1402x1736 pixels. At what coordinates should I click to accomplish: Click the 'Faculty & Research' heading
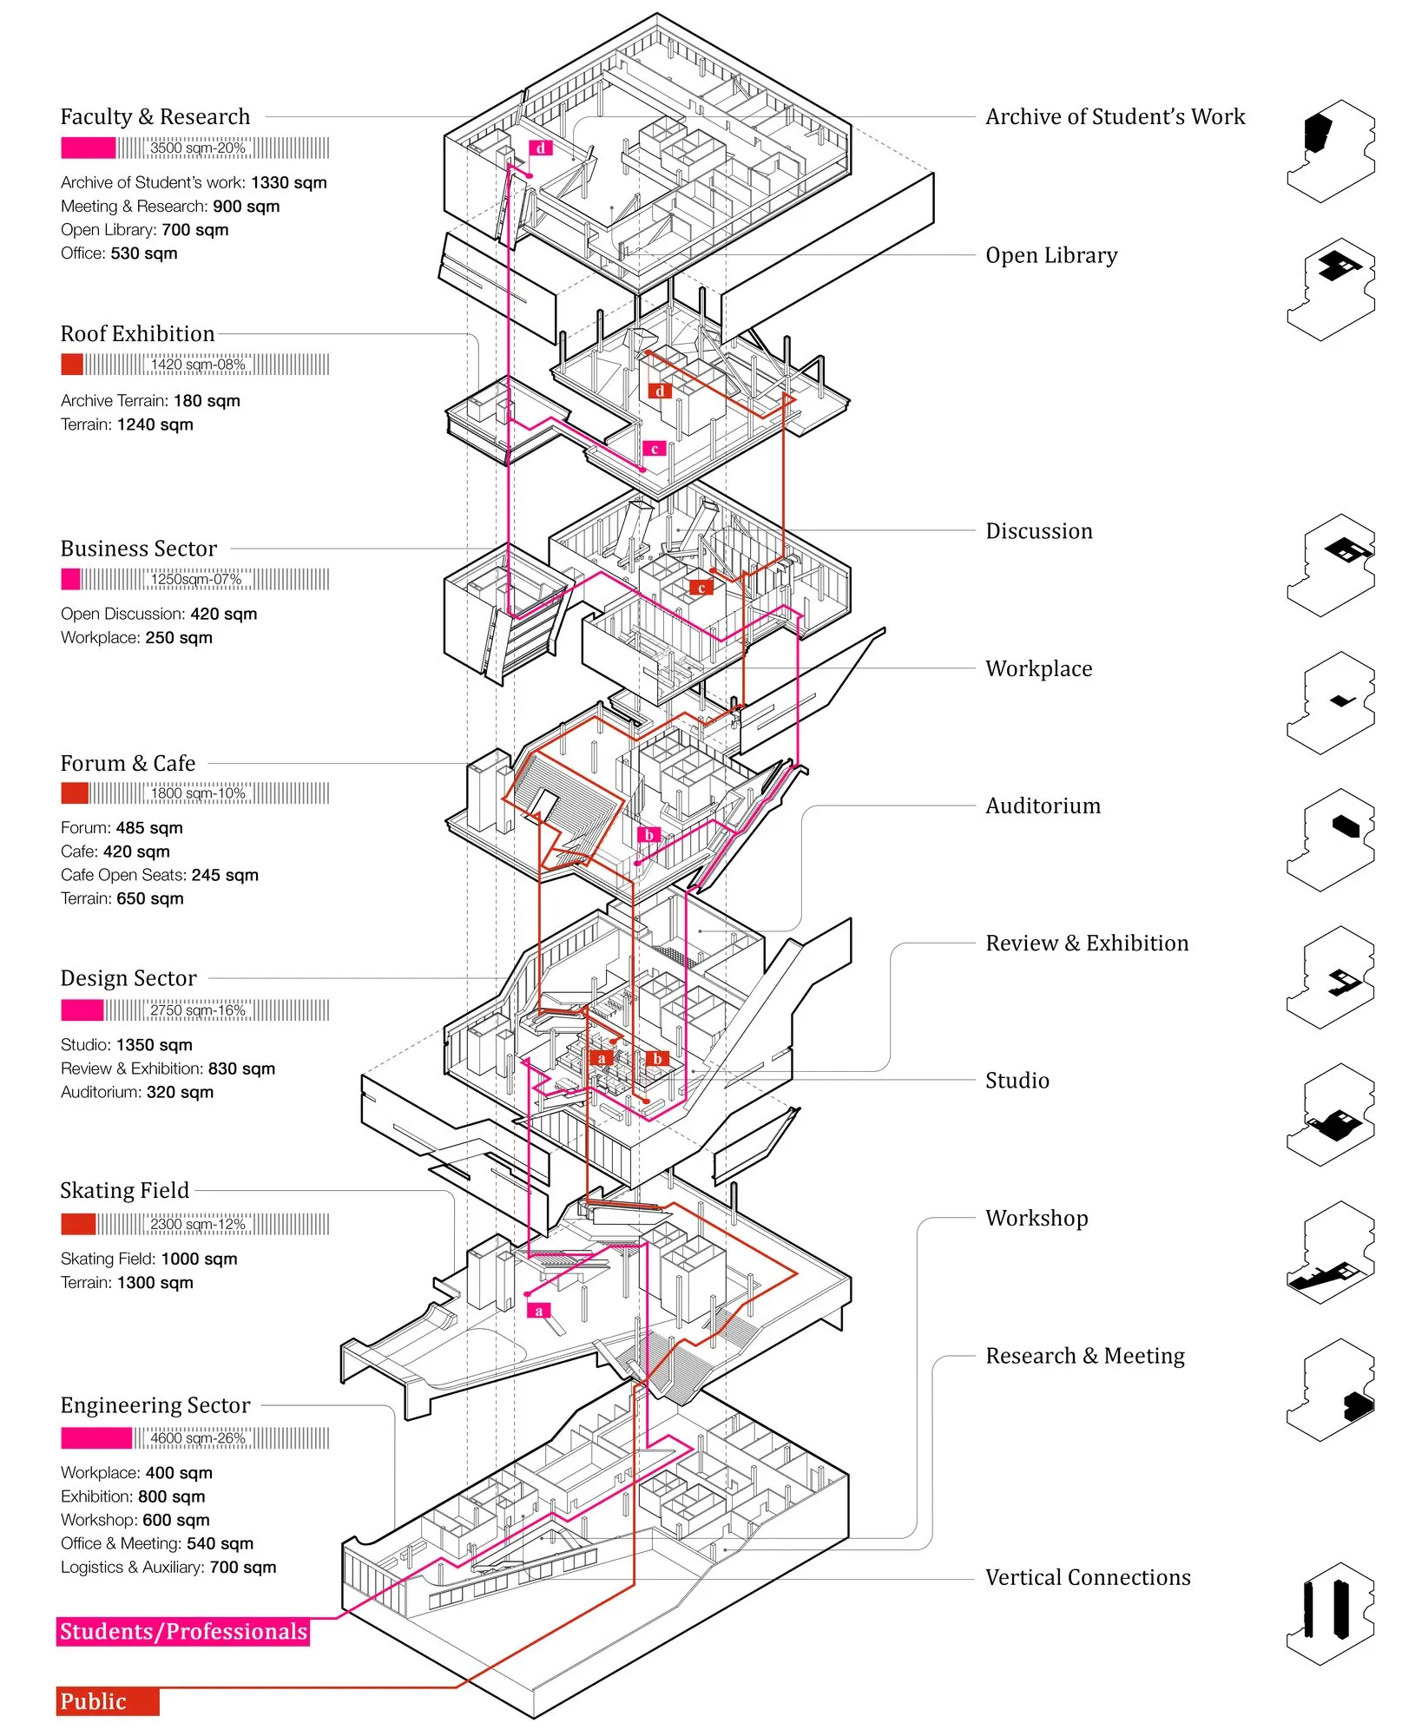coord(155,116)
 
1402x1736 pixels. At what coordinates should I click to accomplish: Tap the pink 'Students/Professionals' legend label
coord(183,1631)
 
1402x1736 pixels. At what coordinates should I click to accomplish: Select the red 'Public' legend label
coord(108,1701)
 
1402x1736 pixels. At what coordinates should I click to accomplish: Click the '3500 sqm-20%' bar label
coord(198,148)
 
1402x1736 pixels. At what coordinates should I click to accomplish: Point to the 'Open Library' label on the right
coord(1051,255)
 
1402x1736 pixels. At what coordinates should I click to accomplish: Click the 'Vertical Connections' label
coord(1088,1577)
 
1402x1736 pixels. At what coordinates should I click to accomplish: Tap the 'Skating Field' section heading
coord(124,1190)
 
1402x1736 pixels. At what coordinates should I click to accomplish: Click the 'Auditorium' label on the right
coord(1043,806)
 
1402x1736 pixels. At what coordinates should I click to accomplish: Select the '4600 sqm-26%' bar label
coord(198,1438)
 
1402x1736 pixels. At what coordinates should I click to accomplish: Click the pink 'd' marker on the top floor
coord(541,148)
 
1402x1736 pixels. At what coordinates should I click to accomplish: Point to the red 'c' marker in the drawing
coord(701,588)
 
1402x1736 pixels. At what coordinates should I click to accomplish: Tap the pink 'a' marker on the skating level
coord(539,1311)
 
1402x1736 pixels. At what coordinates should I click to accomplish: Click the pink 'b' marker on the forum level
coord(648,835)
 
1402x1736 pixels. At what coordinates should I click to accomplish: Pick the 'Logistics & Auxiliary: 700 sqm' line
coord(168,1567)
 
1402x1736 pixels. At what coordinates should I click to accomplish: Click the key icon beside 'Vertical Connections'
coord(1331,1614)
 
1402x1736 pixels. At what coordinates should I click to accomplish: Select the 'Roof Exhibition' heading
coord(137,333)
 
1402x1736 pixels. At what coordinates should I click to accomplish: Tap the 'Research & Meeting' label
coord(1085,1356)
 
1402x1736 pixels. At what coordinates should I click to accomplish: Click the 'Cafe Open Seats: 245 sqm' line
coord(160,875)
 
